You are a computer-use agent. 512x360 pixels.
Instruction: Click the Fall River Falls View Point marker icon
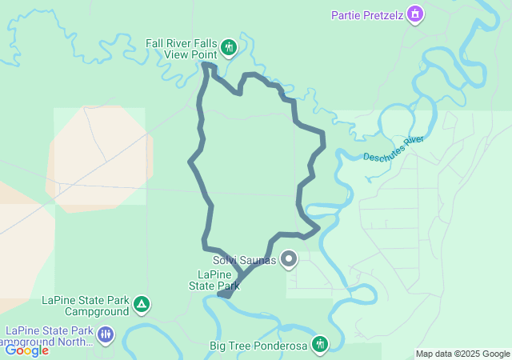[229, 48]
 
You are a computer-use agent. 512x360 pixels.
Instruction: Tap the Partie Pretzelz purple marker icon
[414, 14]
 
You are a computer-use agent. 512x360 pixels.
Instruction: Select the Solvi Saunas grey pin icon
[289, 259]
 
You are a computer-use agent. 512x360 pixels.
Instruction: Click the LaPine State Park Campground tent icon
[142, 304]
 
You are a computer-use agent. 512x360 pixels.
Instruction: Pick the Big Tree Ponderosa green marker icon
[320, 344]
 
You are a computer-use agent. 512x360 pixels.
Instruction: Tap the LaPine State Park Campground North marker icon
[106, 334]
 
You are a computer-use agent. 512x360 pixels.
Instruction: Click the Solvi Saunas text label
[244, 260]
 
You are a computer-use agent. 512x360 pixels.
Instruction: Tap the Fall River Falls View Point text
[181, 49]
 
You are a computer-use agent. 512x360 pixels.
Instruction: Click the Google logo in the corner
[26, 350]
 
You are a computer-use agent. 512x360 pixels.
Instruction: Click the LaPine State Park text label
[214, 279]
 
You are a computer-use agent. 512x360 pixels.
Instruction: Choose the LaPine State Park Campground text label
[86, 305]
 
